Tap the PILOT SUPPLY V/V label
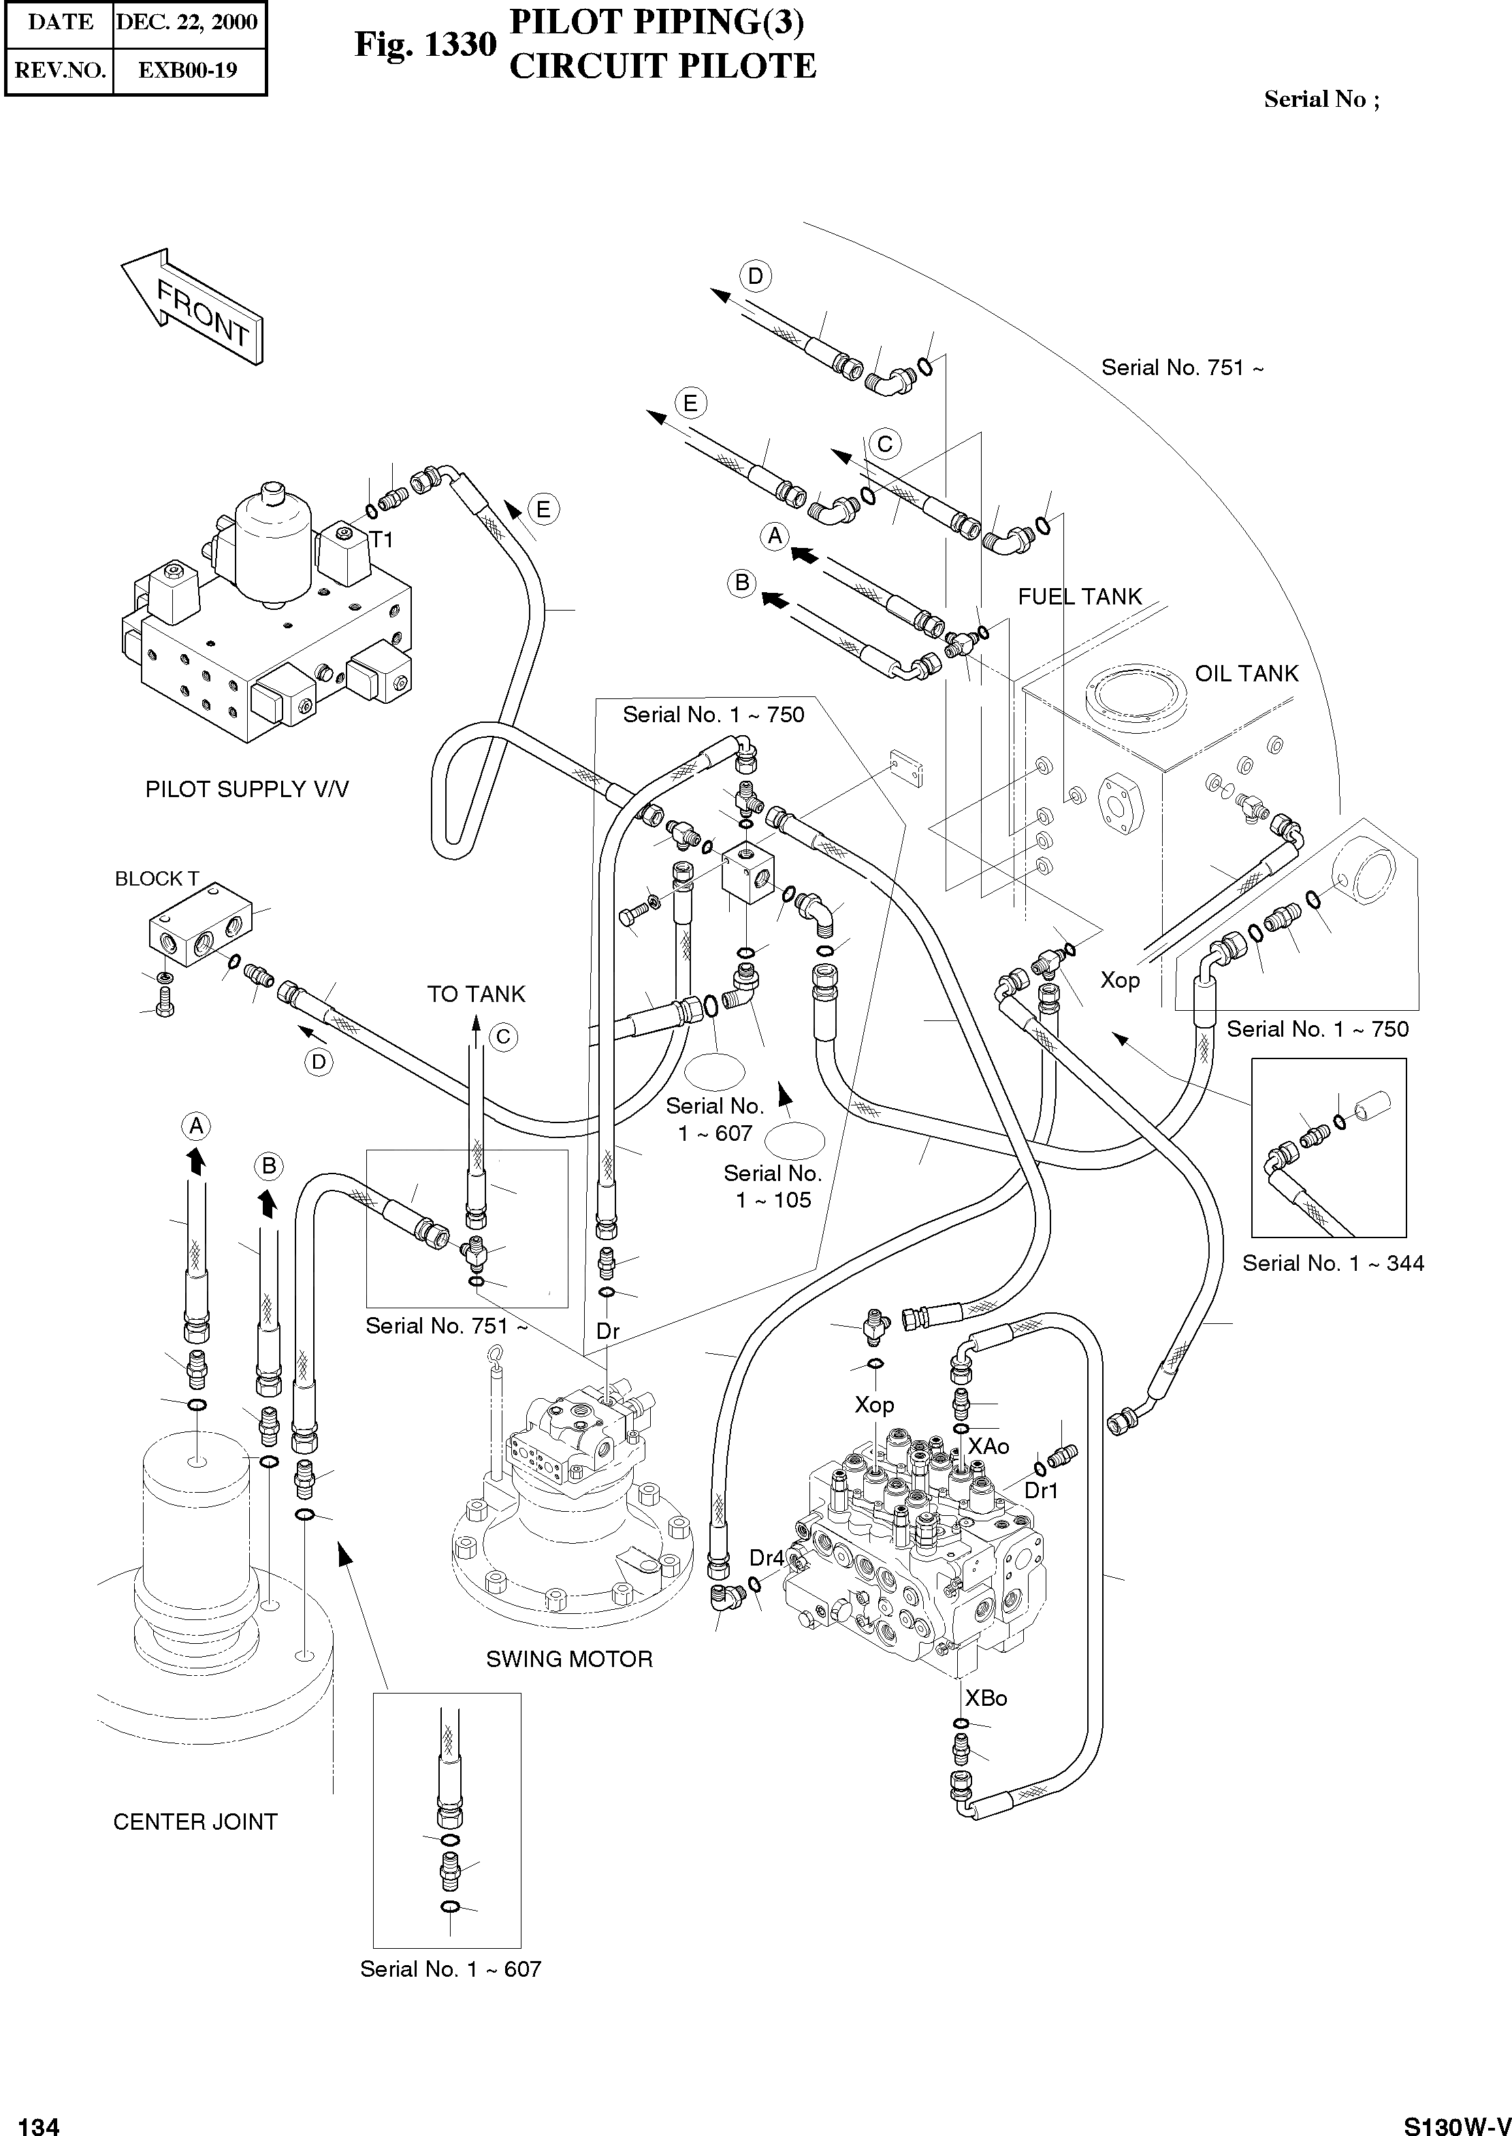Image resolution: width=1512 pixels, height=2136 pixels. (246, 789)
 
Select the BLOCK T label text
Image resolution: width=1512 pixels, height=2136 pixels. (157, 879)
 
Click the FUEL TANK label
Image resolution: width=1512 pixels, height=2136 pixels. (1079, 596)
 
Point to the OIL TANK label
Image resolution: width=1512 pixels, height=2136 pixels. (1246, 674)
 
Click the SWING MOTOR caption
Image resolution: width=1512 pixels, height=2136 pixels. (569, 1659)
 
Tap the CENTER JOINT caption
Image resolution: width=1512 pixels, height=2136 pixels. (195, 1822)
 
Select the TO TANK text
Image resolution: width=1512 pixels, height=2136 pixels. (476, 994)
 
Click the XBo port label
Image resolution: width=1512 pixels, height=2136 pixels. (986, 1698)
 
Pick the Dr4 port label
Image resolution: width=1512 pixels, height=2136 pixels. (767, 1557)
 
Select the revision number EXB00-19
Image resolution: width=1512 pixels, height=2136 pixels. (187, 70)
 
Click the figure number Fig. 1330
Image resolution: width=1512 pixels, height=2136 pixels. (425, 45)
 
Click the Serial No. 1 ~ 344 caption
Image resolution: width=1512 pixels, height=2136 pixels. (1332, 1263)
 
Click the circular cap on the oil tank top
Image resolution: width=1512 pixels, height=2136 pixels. (1140, 700)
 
